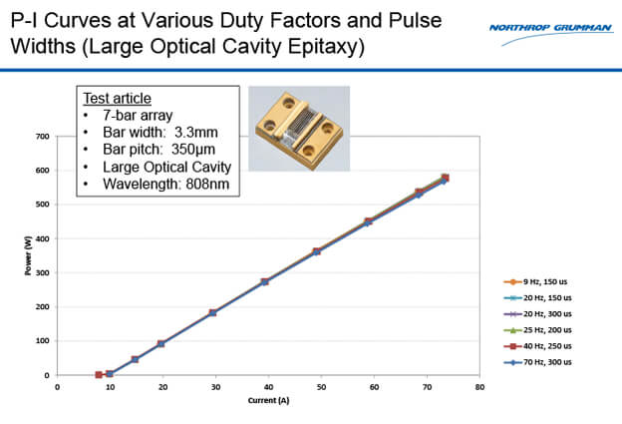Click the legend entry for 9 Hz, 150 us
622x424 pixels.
[537, 282]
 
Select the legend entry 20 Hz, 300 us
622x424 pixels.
[537, 314]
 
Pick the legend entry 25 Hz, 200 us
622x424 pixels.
[537, 330]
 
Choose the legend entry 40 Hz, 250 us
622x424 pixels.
[537, 346]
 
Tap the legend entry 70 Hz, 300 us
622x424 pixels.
[537, 362]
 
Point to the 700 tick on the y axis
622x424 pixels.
[44, 136]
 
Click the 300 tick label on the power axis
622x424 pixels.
[44, 272]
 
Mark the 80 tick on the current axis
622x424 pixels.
[479, 385]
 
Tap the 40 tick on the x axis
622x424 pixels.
[268, 385]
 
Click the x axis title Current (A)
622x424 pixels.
[269, 399]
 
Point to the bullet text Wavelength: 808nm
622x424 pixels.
[158, 184]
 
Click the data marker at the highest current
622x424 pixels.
[445, 179]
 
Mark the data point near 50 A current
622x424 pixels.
[317, 251]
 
